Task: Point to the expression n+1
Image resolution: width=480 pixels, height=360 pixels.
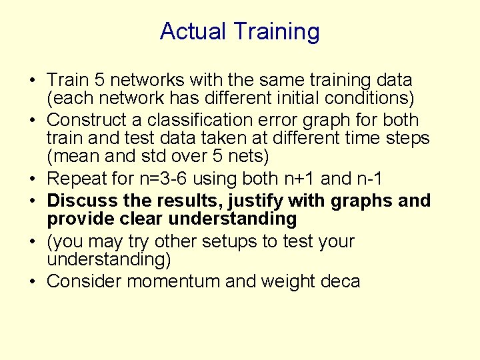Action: tap(297, 179)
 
